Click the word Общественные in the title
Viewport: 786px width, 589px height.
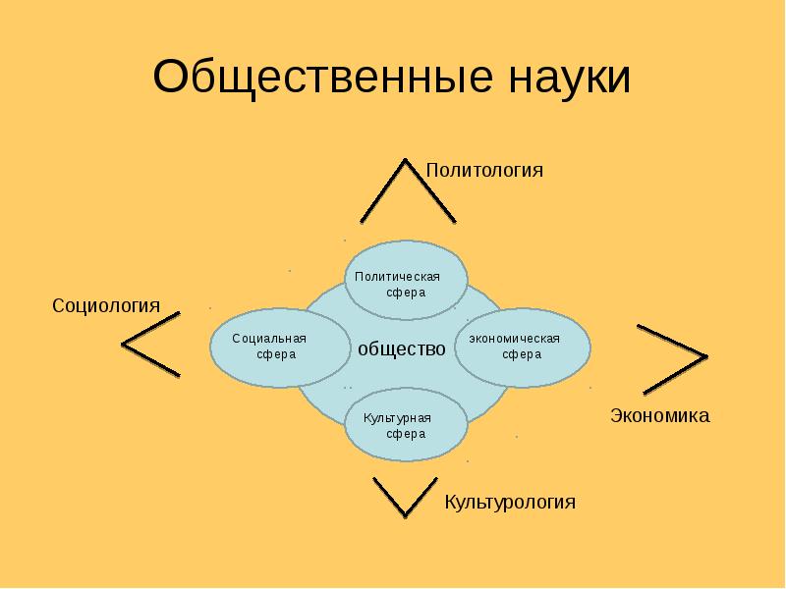coord(308,79)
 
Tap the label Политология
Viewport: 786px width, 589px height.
coord(484,170)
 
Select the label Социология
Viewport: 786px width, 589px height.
coord(106,305)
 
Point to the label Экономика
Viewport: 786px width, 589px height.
coord(660,415)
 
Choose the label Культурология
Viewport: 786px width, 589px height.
coord(509,503)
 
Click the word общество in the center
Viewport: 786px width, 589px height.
coord(402,348)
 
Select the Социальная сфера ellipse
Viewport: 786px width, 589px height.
coord(270,348)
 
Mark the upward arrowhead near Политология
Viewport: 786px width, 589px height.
coord(407,189)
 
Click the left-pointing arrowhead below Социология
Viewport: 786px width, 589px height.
coord(150,344)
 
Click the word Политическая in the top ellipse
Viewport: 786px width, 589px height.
coord(397,277)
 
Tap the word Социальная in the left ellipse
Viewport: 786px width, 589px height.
coord(269,339)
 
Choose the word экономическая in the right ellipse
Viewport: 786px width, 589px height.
coord(514,339)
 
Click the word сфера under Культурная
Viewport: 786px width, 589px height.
coord(405,434)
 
